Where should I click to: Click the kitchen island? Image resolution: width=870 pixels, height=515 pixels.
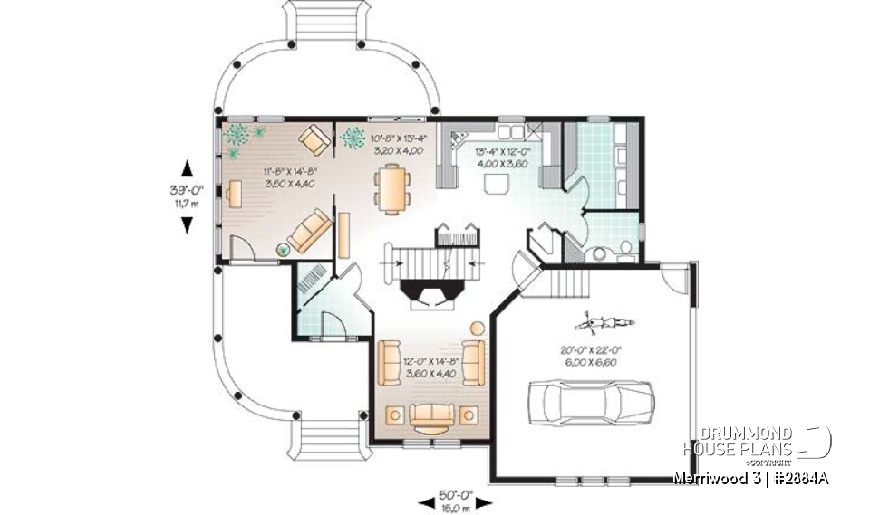495,184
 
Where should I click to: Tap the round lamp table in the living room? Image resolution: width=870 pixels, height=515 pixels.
477,327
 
